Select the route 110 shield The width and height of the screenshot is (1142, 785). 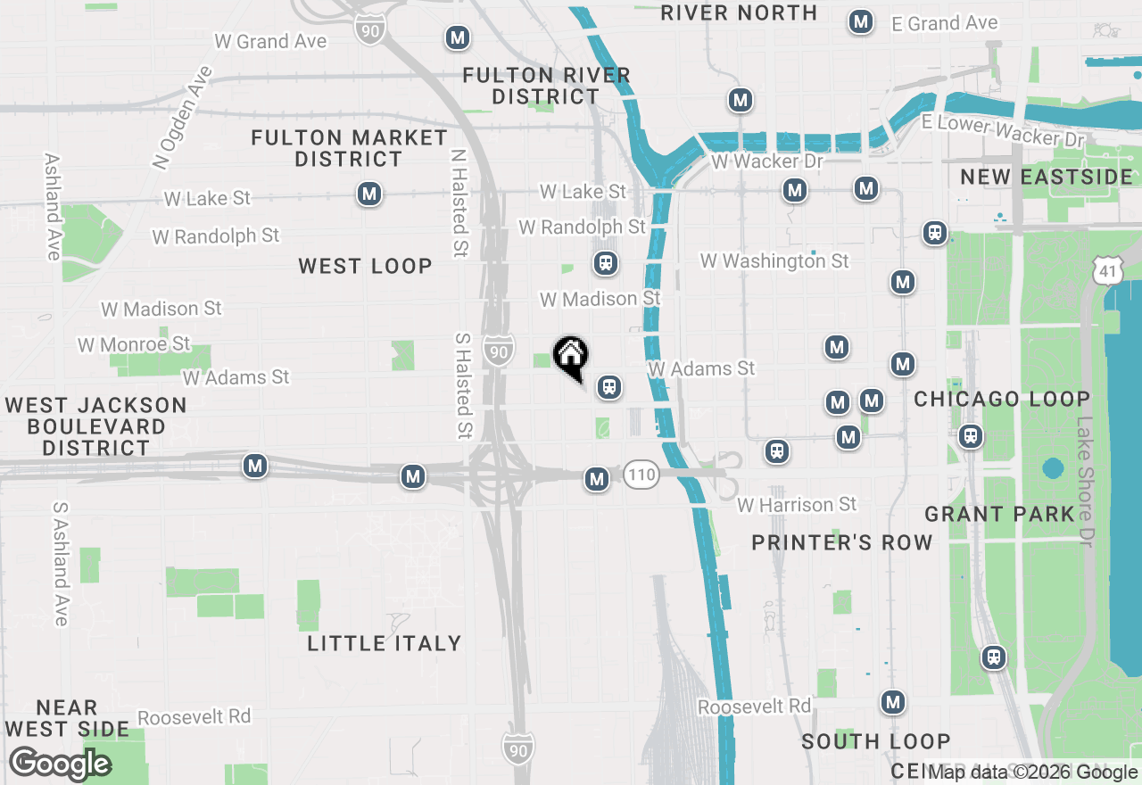(641, 474)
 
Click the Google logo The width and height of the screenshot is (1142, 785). (60, 764)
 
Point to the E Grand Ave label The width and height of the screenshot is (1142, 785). (945, 23)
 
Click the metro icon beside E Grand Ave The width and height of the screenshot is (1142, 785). (861, 22)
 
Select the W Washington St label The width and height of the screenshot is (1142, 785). (774, 260)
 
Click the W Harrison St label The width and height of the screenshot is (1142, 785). (797, 505)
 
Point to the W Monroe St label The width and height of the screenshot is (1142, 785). (134, 344)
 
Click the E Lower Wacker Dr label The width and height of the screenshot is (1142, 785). (1004, 131)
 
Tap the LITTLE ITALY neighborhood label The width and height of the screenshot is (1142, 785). (385, 643)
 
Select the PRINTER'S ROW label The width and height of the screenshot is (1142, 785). (841, 542)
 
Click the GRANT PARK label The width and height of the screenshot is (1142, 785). (999, 514)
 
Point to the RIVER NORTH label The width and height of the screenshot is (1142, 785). (739, 12)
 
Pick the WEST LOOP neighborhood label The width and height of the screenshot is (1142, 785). (365, 266)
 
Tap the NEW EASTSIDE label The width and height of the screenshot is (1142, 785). (1047, 177)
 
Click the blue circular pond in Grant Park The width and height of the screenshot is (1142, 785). (1053, 468)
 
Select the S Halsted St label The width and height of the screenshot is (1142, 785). (463, 385)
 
